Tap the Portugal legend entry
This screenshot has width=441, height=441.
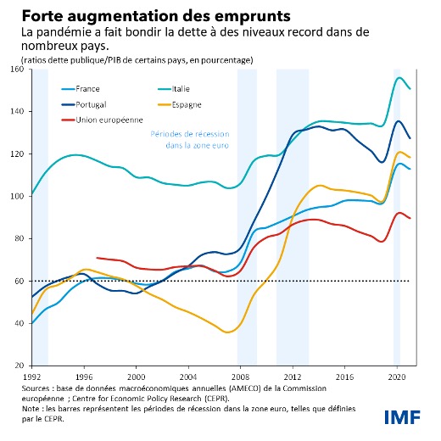click(92, 104)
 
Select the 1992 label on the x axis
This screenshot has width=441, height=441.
click(31, 373)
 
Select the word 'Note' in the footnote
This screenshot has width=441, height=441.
click(33, 407)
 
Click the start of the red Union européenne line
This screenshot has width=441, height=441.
click(98, 257)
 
